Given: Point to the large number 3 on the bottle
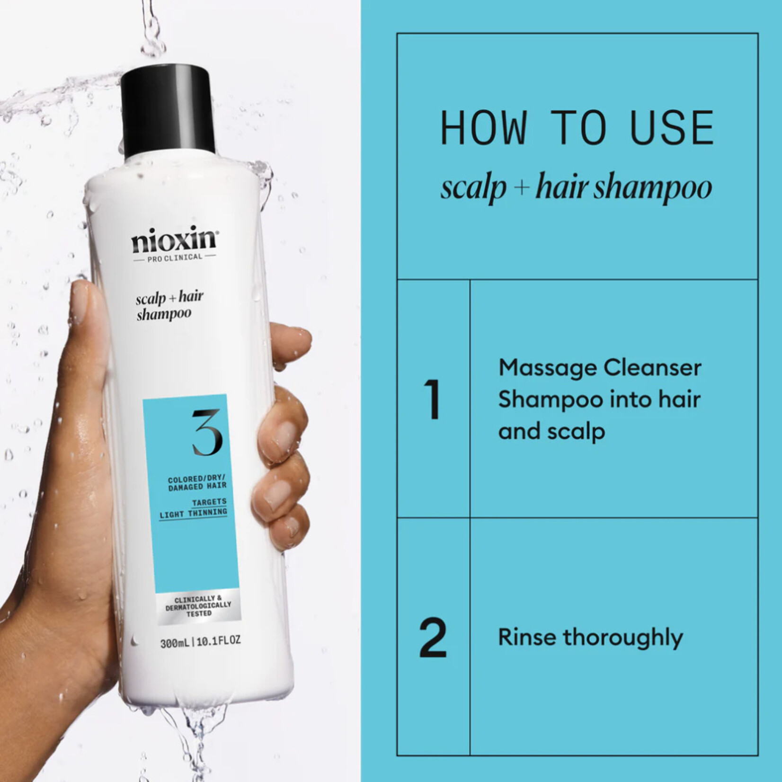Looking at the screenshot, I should point(207,432).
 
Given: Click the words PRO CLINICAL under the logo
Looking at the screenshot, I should point(175,257).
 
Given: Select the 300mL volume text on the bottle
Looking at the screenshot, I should point(174,643).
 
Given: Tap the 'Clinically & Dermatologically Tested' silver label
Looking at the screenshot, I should point(198,606).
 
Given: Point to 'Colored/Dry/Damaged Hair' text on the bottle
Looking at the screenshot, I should point(197,483).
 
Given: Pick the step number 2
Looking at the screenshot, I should point(433,638).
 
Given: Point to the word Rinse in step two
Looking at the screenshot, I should point(526,637).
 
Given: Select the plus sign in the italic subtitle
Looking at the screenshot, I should point(521,187).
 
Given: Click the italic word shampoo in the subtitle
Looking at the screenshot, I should point(653,188).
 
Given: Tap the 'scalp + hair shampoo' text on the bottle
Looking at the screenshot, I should point(169,305).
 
